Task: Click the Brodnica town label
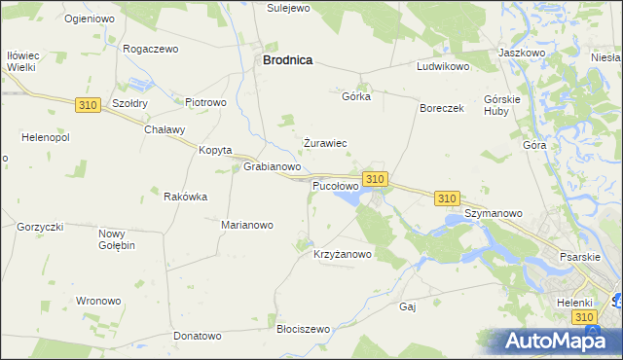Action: click(x=287, y=60)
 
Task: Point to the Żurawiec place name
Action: click(x=325, y=143)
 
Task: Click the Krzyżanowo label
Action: click(x=343, y=255)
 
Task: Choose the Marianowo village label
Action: click(x=247, y=225)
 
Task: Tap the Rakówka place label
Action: click(x=185, y=197)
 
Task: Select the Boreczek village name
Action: click(x=442, y=109)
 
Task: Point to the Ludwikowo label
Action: click(x=443, y=67)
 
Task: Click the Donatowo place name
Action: click(x=198, y=336)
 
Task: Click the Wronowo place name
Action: click(x=98, y=301)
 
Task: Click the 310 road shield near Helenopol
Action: click(x=87, y=105)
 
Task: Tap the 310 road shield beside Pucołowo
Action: click(x=376, y=179)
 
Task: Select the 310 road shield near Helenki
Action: click(x=583, y=318)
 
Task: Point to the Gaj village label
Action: click(x=408, y=306)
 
